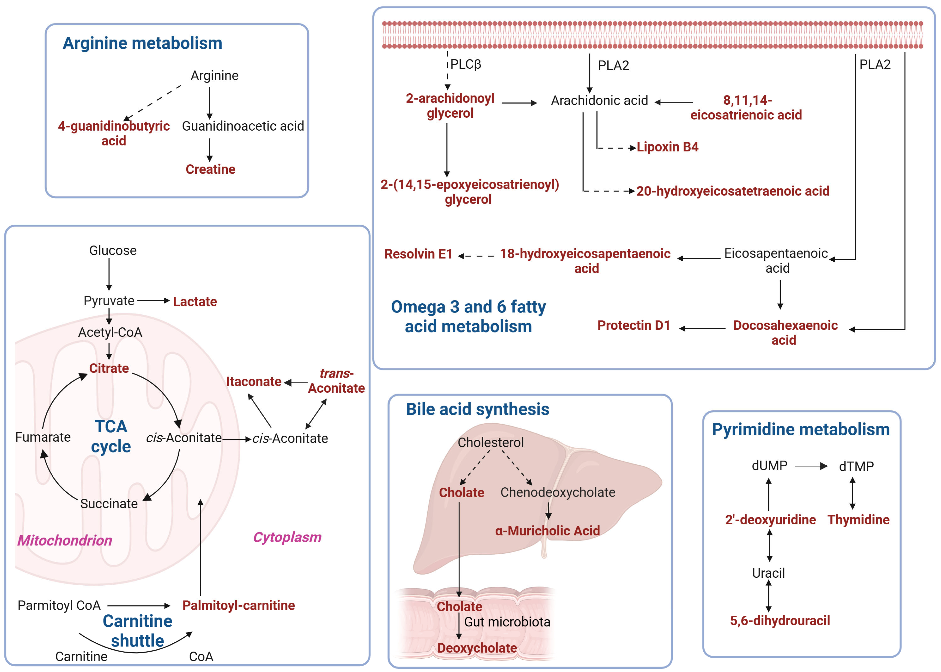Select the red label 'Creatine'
[210, 169]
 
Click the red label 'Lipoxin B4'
[667, 147]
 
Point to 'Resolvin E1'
[418, 254]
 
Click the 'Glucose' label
[113, 250]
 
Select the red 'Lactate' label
[195, 302]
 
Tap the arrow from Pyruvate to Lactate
[153, 301]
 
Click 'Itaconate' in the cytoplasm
[254, 382]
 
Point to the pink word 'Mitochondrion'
[64, 541]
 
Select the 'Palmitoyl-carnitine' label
[239, 605]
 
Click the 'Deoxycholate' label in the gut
[477, 648]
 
